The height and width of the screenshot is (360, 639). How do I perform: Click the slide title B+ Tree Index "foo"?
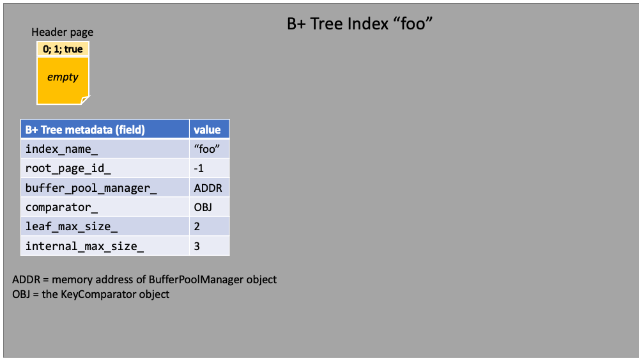tap(359, 24)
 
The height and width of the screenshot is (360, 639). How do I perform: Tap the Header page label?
tap(63, 32)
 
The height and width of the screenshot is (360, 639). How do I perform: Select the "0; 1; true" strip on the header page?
tap(63, 49)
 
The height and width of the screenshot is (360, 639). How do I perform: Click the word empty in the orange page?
tap(63, 77)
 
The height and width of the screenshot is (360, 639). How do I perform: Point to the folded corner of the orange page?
tap(85, 100)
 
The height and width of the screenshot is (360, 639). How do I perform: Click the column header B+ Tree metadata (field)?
tap(105, 129)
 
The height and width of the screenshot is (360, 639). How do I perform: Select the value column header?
tap(209, 129)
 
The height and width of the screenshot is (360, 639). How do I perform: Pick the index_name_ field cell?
tap(105, 149)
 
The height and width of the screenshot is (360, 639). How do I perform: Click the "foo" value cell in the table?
tap(209, 149)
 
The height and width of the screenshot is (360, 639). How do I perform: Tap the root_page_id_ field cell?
tap(105, 168)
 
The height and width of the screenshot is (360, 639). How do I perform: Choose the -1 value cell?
tap(209, 168)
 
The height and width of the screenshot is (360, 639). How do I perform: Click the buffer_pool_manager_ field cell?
tap(105, 187)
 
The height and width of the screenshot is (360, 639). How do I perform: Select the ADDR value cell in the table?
tap(209, 187)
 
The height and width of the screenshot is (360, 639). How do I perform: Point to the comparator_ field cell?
tap(105, 207)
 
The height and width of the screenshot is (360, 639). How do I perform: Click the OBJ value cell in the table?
tap(209, 207)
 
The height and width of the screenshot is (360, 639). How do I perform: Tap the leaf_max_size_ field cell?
tap(105, 226)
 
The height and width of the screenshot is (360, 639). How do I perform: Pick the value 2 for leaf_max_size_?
tap(209, 226)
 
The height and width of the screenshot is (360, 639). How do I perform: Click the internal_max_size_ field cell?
tap(105, 246)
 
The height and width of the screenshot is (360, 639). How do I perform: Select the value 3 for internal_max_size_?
tap(209, 246)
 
